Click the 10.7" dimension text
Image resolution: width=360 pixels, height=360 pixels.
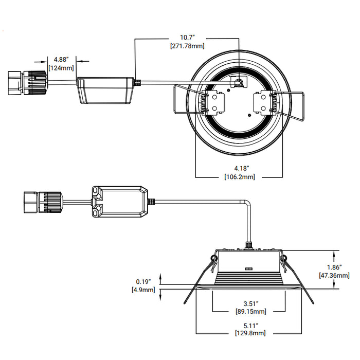tap(187, 38)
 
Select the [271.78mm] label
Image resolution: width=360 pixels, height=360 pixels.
tap(187, 46)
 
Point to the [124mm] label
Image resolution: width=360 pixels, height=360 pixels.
tap(61, 67)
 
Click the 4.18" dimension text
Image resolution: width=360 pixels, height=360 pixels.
tap(241, 168)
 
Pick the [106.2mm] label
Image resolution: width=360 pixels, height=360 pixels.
tap(241, 177)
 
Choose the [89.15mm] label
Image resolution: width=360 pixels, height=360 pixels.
tap(250, 311)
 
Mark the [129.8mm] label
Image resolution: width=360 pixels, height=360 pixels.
tap(250, 333)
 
